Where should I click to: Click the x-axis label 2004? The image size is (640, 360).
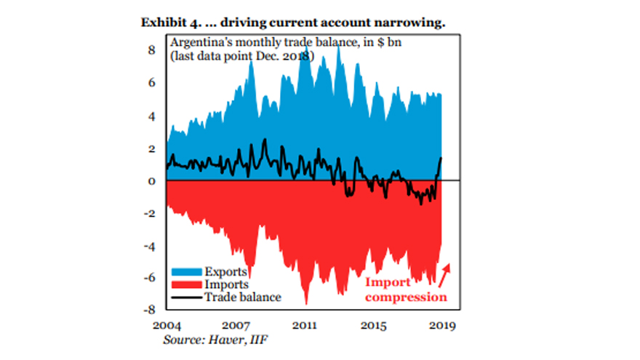click(x=167, y=325)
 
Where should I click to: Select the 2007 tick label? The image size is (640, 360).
click(x=236, y=325)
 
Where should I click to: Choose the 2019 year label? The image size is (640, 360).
click(x=443, y=325)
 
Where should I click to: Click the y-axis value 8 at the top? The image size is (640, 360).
click(x=152, y=50)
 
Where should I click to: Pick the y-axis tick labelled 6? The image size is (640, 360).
click(x=152, y=83)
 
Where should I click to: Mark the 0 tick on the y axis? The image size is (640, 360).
click(x=152, y=181)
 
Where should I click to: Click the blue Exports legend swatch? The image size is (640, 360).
click(x=185, y=273)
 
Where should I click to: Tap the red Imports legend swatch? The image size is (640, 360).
click(x=185, y=285)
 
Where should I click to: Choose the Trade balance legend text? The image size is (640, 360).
click(x=242, y=297)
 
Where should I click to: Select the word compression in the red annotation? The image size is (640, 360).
click(x=406, y=297)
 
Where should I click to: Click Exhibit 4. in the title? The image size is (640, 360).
click(x=169, y=23)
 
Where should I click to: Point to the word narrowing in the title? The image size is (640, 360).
click(x=412, y=23)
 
